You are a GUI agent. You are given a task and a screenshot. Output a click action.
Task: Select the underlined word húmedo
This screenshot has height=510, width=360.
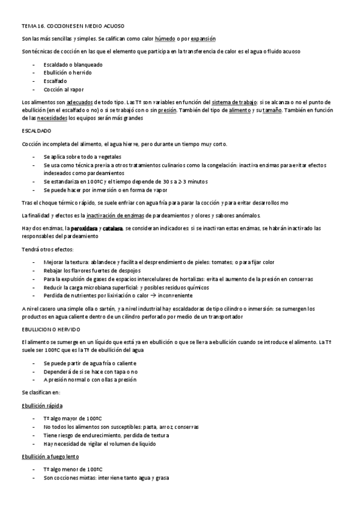(175, 38)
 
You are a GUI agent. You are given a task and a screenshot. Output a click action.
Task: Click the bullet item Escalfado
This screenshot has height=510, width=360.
(55, 81)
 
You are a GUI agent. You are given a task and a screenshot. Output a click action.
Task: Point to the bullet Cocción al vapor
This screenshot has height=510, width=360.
(64, 89)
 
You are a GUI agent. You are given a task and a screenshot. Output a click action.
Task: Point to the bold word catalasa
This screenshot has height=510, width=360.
(112, 229)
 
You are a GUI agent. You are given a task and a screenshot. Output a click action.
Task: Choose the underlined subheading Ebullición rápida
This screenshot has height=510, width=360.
(42, 406)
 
